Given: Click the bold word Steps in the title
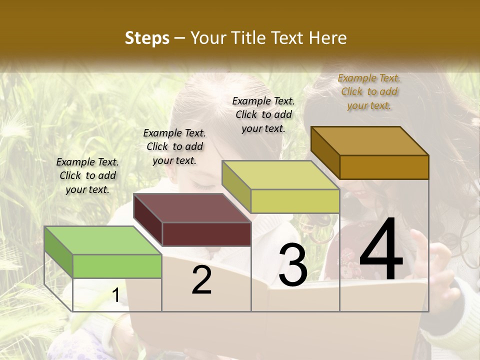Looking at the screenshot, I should [x=147, y=38].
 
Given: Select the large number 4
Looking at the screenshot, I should [x=381, y=249].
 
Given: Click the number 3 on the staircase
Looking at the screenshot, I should [x=293, y=265].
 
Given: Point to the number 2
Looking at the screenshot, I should [x=201, y=280].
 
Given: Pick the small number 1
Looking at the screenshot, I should [x=116, y=295].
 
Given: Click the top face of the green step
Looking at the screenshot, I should [x=103, y=240].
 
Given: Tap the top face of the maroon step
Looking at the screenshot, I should [x=192, y=207].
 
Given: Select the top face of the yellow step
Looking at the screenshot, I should [x=280, y=174].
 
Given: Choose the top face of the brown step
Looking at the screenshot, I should [x=370, y=140].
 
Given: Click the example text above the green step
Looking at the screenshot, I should [x=87, y=175].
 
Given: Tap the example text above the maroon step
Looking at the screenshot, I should [x=174, y=146].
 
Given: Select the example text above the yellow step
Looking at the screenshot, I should [x=263, y=114].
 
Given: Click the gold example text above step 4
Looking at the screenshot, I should [x=369, y=91].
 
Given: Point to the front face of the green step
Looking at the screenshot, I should [x=117, y=266].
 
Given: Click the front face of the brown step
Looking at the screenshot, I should [x=384, y=167].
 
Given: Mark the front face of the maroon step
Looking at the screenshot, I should [x=206, y=234].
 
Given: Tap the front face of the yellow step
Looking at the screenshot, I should [x=295, y=201].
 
